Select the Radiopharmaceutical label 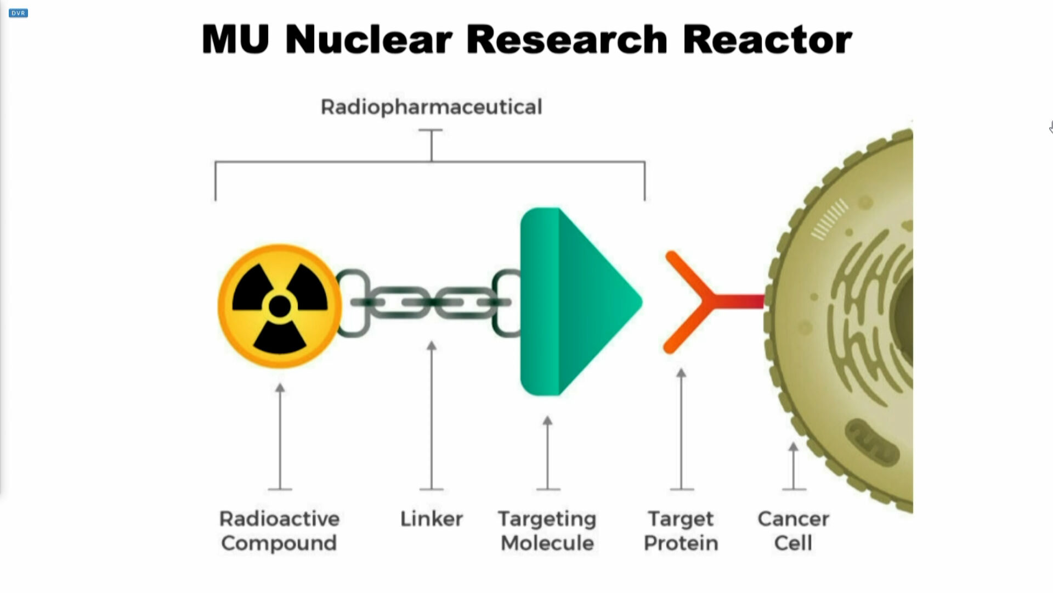click(431, 107)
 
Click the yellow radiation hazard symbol click(280, 306)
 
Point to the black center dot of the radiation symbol click(280, 306)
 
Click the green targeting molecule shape click(576, 301)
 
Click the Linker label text click(431, 519)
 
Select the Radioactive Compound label click(279, 531)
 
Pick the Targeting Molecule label click(547, 531)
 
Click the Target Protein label click(681, 531)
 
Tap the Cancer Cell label click(793, 531)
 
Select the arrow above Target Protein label click(681, 428)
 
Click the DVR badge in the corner click(18, 13)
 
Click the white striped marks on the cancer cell click(829, 219)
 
